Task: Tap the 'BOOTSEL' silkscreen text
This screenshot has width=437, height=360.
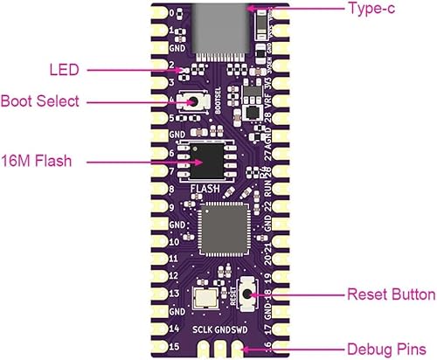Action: click(209, 104)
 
